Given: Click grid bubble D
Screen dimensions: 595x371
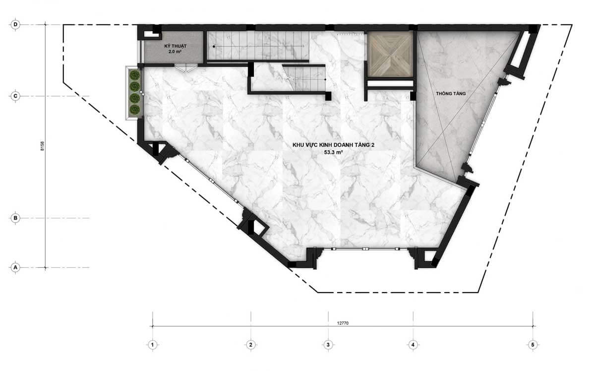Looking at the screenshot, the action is pyautogui.click(x=15, y=25).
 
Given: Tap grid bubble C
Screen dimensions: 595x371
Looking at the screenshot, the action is pyautogui.click(x=15, y=96).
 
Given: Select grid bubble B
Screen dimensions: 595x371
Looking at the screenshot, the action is pyautogui.click(x=15, y=218).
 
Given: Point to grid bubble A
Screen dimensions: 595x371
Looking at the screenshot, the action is pyautogui.click(x=15, y=267).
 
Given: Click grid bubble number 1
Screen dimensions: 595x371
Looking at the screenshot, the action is pyautogui.click(x=153, y=345).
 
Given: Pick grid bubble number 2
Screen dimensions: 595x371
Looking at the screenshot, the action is pyautogui.click(x=251, y=345).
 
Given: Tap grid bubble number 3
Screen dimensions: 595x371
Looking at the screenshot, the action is pyautogui.click(x=328, y=345).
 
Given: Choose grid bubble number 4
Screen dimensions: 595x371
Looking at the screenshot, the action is pyautogui.click(x=413, y=345).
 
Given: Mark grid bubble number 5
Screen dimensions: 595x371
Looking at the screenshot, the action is pyautogui.click(x=533, y=345).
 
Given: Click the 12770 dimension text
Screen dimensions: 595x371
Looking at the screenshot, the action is pyautogui.click(x=343, y=323).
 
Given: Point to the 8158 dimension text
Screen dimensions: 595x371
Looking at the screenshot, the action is pyautogui.click(x=42, y=146).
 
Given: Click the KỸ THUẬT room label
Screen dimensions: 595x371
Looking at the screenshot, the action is pyautogui.click(x=176, y=46).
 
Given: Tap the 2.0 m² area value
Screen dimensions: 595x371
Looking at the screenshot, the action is pyautogui.click(x=175, y=52).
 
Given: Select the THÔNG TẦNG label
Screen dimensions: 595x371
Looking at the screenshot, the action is pyautogui.click(x=451, y=94).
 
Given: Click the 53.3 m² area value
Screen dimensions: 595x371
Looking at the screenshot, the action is pyautogui.click(x=333, y=152).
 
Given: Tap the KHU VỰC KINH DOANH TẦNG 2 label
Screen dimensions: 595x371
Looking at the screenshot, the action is pyautogui.click(x=333, y=145).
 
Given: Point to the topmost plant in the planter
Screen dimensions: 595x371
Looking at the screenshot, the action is pyautogui.click(x=135, y=75).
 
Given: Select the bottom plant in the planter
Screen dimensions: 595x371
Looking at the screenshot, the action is pyautogui.click(x=135, y=110).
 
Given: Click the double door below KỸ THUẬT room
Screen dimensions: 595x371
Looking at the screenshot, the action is pyautogui.click(x=186, y=68).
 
